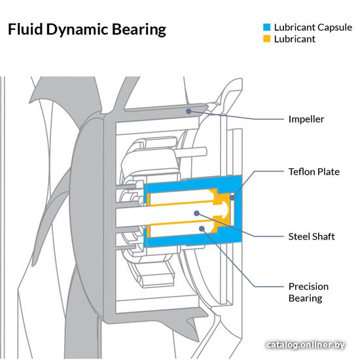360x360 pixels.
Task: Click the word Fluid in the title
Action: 26,29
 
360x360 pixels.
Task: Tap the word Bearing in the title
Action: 139,30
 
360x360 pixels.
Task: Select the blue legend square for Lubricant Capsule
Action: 266,27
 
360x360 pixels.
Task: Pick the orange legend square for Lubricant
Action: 266,39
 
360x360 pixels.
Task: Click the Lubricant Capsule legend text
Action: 313,27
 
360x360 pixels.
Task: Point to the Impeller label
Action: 306,119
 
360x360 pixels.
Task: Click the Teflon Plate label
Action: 314,171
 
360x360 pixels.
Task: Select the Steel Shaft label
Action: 312,236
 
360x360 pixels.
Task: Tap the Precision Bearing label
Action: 308,293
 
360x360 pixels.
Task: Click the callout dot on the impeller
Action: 189,111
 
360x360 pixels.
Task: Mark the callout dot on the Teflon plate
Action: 232,197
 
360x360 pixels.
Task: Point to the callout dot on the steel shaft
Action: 196,213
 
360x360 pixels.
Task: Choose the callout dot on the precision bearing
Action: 202,228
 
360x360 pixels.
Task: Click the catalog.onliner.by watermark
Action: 306,344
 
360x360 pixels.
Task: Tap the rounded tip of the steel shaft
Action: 227,210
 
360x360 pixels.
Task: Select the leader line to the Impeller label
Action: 236,117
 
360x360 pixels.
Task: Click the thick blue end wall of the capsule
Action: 238,209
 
